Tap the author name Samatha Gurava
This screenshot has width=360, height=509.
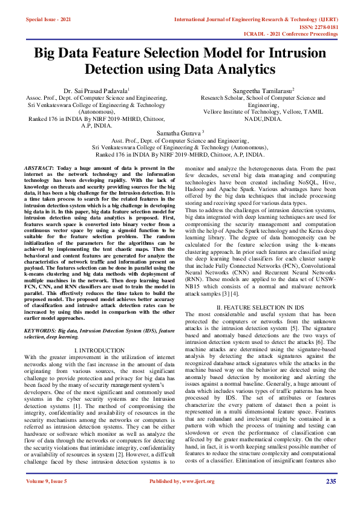click(180, 131)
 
